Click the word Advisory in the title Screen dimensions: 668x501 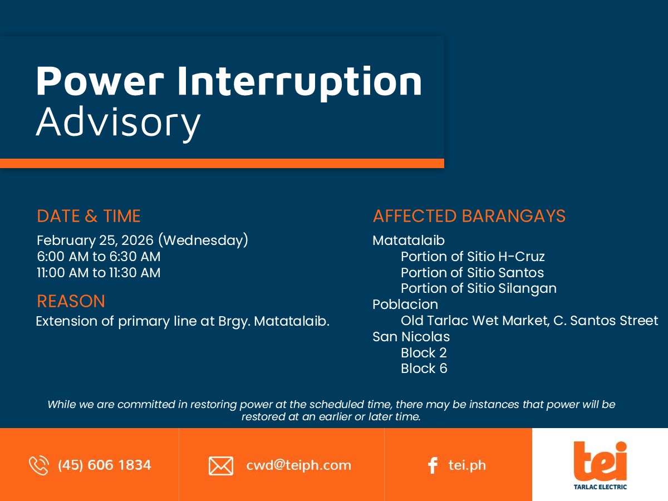click(x=119, y=123)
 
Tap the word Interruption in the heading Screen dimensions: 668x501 click(x=299, y=83)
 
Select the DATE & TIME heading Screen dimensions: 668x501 click(x=89, y=216)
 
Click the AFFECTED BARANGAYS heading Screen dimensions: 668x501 click(x=469, y=216)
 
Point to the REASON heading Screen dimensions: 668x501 click(x=71, y=301)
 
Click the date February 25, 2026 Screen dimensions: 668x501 click(x=95, y=240)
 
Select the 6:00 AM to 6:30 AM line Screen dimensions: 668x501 click(x=99, y=257)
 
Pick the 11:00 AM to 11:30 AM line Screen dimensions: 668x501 click(x=99, y=273)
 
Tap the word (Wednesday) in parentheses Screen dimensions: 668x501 click(x=203, y=240)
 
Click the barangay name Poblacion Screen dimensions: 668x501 click(x=405, y=304)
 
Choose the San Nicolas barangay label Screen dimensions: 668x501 click(x=411, y=337)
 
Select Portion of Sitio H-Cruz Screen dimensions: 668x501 click(x=473, y=257)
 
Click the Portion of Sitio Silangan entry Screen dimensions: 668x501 click(x=479, y=289)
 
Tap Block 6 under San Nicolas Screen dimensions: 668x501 click(x=424, y=369)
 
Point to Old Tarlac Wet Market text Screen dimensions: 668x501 click(x=475, y=321)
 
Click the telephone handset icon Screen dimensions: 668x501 click(x=38, y=465)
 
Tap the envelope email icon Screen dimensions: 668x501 click(x=221, y=466)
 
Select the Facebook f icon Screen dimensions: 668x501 click(x=433, y=465)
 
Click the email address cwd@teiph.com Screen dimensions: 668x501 click(x=298, y=465)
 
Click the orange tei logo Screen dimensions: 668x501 click(x=600, y=461)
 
